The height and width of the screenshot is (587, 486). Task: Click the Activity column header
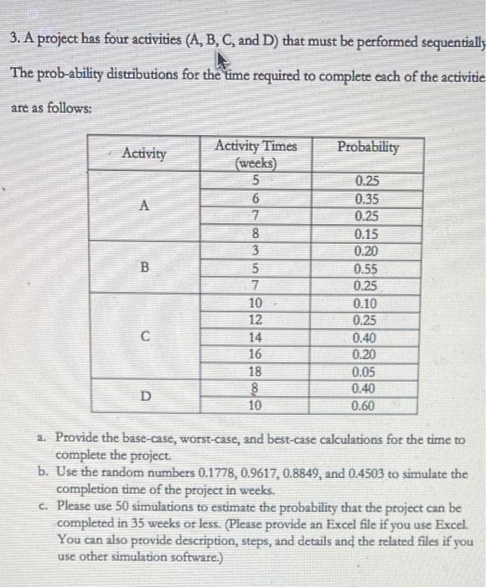coord(143,153)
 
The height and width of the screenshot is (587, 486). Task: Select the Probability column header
coord(368,147)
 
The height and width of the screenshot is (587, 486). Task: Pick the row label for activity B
coord(143,269)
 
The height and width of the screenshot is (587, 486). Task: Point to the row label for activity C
coord(143,338)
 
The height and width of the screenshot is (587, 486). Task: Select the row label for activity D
coord(143,396)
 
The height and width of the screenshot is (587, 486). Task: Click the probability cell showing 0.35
coord(367,200)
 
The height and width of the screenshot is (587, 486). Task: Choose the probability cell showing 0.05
coord(367,371)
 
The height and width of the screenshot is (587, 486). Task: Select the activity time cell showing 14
coord(256,337)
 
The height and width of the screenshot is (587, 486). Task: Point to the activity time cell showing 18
coord(256,371)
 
